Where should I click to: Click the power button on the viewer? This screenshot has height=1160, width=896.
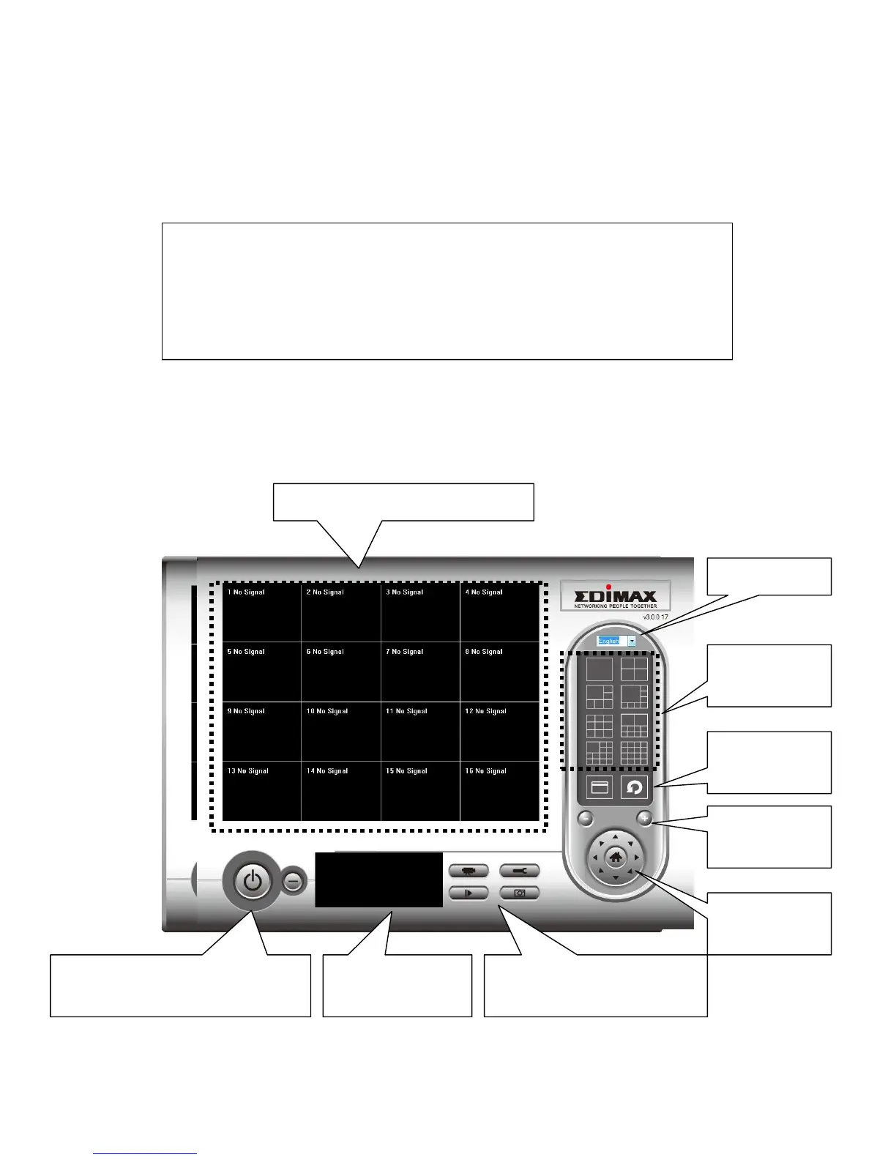click(x=253, y=881)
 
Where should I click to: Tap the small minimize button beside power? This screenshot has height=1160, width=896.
click(x=293, y=882)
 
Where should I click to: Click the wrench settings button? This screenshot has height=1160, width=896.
click(x=520, y=871)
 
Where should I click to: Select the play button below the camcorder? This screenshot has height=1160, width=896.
click(x=468, y=893)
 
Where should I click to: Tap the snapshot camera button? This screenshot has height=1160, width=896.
click(x=520, y=893)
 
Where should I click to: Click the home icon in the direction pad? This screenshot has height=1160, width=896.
click(x=615, y=857)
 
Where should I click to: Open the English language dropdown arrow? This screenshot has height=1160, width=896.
click(x=631, y=641)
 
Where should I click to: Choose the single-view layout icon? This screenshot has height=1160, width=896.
click(x=599, y=669)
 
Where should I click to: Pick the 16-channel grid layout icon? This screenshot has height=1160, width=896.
click(x=634, y=753)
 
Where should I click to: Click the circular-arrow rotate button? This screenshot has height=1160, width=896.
click(x=634, y=788)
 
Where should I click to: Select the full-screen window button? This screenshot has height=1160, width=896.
click(x=600, y=788)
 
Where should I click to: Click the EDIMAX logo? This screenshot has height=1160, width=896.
click(x=615, y=595)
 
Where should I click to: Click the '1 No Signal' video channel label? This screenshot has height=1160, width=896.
click(x=246, y=592)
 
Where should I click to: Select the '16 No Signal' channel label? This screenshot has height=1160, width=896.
click(x=485, y=771)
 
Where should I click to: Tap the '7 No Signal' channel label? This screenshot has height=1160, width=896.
click(x=404, y=652)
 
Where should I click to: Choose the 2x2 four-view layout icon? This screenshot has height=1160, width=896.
click(x=634, y=669)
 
